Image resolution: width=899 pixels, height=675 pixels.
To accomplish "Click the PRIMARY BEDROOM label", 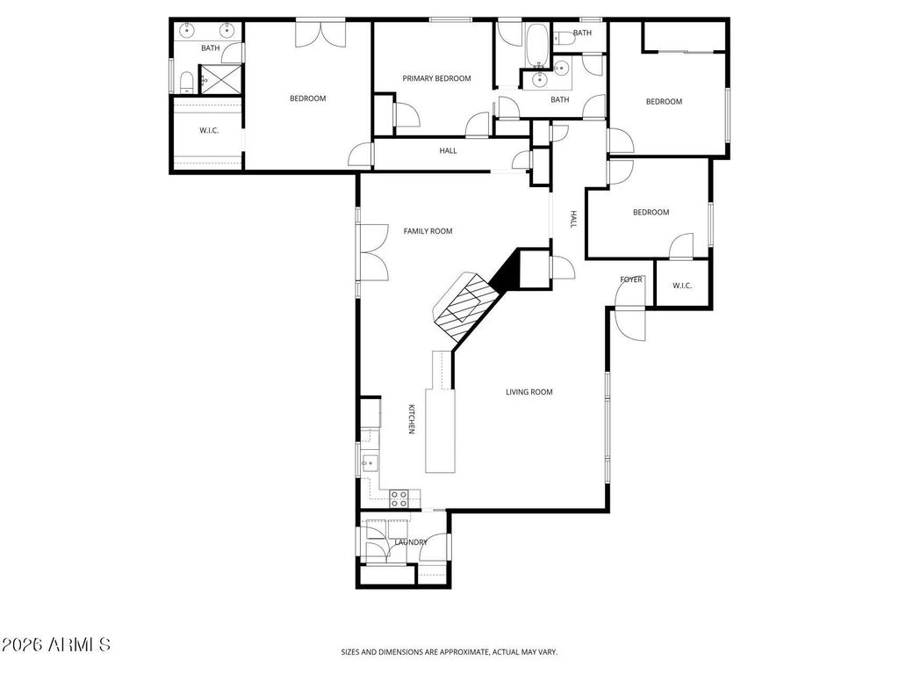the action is coord(436,78).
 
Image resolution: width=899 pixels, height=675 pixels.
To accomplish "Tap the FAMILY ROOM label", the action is coord(428,231).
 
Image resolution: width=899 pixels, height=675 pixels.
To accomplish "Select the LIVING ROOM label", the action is coord(529,392).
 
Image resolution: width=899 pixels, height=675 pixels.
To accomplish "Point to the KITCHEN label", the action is coord(411,419).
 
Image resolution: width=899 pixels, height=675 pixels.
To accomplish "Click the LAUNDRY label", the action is coord(411,542).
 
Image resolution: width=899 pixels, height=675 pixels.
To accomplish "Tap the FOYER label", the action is coord(630,279).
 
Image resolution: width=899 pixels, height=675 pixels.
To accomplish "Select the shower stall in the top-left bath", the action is coord(220,78).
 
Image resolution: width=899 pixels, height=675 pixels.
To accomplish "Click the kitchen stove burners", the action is coord(399,498).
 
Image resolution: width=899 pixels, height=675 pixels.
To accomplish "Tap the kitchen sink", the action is coord(370,462).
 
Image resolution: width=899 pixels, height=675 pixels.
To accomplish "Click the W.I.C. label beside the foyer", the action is coord(682,286).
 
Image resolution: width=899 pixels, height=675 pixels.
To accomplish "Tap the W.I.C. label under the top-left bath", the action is coord(209,131).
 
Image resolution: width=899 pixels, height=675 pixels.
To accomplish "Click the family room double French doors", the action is coord(372,252).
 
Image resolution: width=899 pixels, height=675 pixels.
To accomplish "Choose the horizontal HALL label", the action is coord(448,151).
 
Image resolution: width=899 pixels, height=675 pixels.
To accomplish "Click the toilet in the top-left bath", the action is coord(186,82).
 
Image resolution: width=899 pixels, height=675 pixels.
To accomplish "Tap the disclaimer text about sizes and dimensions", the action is coord(449,652).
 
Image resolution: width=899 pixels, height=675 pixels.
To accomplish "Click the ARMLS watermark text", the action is coord(55,644).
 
